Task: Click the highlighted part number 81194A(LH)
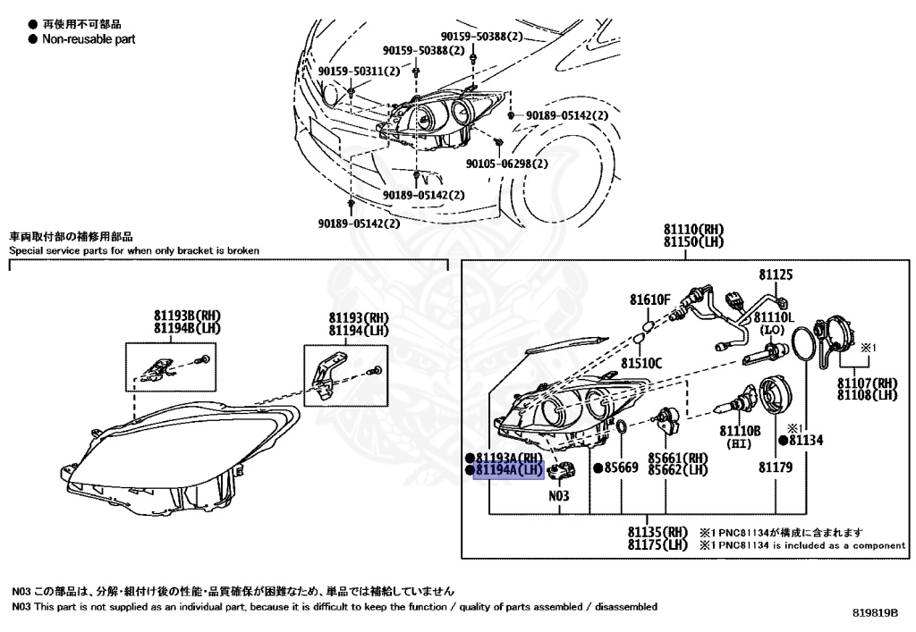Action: coord(509,469)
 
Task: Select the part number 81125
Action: coord(776,275)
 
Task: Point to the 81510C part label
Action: coord(642,363)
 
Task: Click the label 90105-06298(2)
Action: coord(507,164)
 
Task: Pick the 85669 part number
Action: coord(620,468)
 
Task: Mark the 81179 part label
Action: coord(776,467)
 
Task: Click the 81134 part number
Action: coord(804,441)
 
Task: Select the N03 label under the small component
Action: coord(559,495)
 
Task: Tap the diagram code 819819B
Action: coord(875,614)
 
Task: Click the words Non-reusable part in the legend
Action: coord(89,39)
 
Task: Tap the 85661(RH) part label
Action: coord(677,458)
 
